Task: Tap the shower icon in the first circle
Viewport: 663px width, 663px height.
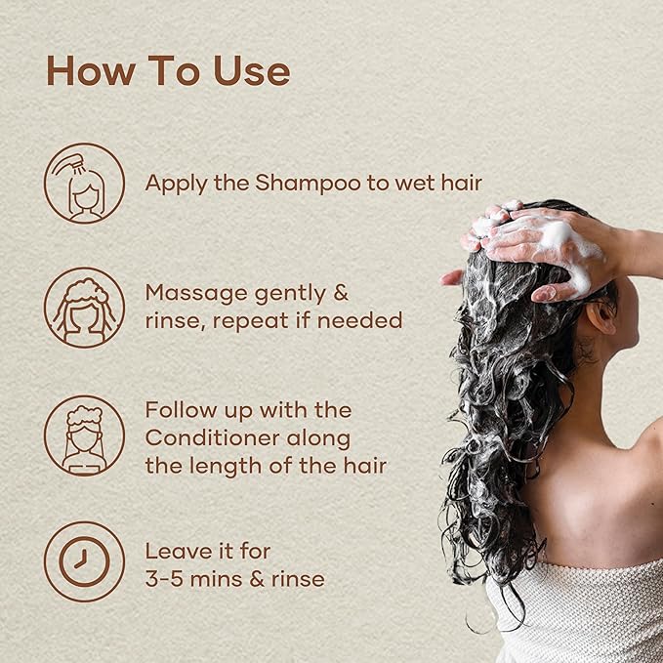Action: [84, 183]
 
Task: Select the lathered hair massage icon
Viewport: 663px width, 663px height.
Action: [84, 307]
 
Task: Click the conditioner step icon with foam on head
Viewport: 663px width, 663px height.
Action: [84, 435]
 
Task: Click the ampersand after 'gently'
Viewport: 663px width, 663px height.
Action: [339, 293]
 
